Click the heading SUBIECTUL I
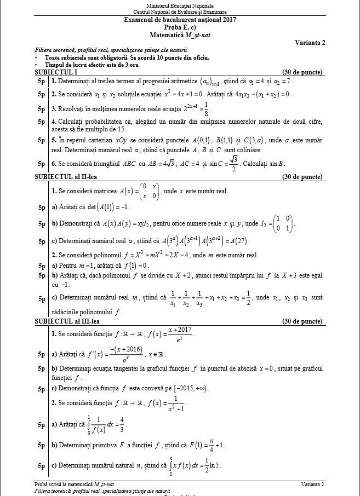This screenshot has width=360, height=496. click(56, 72)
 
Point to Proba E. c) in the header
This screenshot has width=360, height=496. click(180, 27)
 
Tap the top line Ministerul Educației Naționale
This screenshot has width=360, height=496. click(180, 5)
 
